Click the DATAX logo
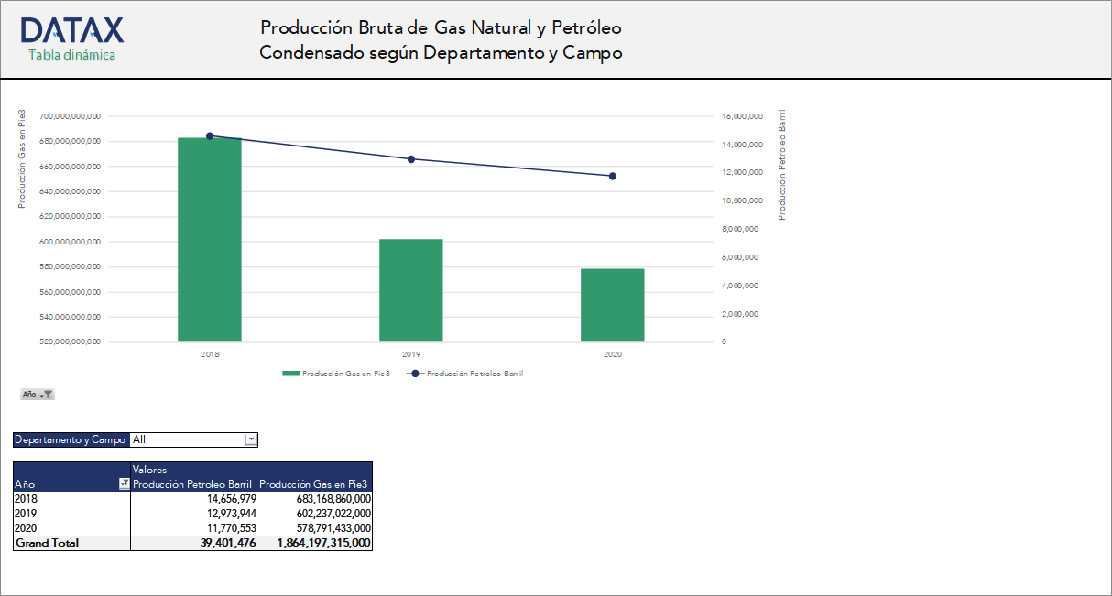tap(71, 31)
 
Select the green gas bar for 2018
tap(210, 240)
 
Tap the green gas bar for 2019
tap(411, 290)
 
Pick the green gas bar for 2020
tap(612, 305)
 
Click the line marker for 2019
tap(411, 159)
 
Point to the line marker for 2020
tap(612, 176)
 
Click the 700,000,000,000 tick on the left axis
tap(70, 116)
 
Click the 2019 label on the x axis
tap(411, 353)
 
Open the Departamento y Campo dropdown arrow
tap(251, 440)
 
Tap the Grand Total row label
tap(48, 543)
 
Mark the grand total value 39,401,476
tap(227, 543)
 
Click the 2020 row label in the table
tap(26, 528)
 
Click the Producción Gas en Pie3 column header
tap(314, 484)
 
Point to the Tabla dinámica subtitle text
tap(71, 55)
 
